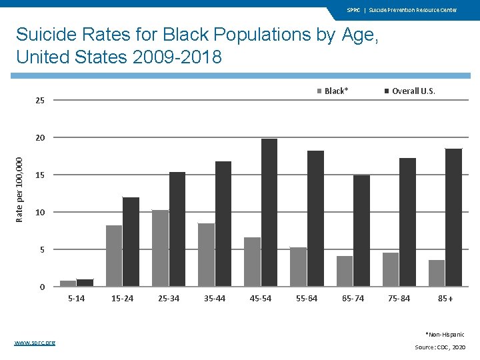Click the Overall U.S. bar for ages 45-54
[x=269, y=213]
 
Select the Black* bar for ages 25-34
[x=160, y=248]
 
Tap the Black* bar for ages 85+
[x=437, y=273]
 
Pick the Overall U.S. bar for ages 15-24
[x=131, y=242]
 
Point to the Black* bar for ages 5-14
[x=68, y=283]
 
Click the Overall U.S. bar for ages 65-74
[x=361, y=231]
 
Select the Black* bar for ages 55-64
[x=299, y=267]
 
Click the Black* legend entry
[x=333, y=91]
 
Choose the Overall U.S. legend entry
[x=409, y=91]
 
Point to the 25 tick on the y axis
[x=41, y=101]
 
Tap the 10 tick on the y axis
[x=41, y=212]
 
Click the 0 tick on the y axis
[x=43, y=287]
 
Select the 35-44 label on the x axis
[x=215, y=298]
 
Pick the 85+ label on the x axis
[x=445, y=298]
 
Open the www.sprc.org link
[x=35, y=342]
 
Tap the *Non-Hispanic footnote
[x=445, y=334]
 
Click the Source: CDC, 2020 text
[x=439, y=347]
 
